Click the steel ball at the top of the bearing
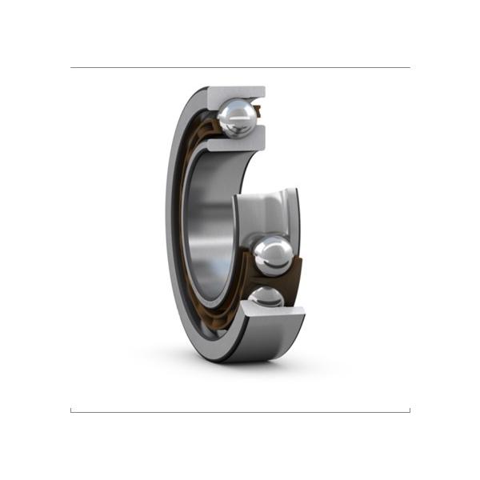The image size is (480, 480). (238, 119)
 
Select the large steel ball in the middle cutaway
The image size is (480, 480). (273, 255)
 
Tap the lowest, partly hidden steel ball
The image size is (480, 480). (266, 298)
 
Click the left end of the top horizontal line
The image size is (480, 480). (71, 68)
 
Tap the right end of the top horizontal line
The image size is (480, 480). (409, 68)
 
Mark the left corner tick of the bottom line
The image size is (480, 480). (71, 410)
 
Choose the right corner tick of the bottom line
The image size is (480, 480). (409, 410)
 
